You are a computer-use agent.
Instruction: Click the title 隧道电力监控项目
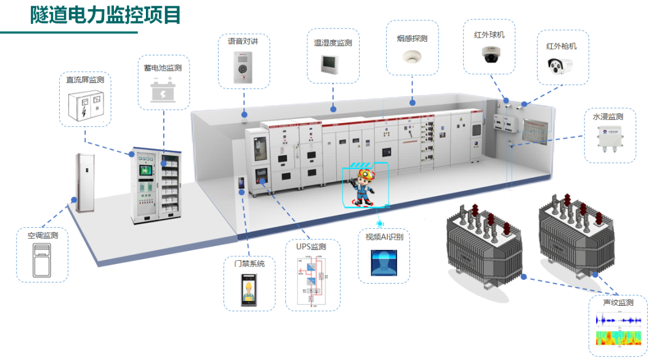point(106,15)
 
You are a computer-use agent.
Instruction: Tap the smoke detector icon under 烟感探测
point(412,57)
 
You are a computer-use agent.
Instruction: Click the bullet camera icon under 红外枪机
point(560,65)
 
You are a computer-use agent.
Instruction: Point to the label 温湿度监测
point(332,43)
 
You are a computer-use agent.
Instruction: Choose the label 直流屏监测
point(85,80)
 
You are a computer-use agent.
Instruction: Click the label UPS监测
point(311,247)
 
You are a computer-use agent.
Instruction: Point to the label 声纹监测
point(618,303)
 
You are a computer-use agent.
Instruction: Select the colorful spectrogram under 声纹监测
point(618,338)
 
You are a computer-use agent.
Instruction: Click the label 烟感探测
point(412,38)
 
